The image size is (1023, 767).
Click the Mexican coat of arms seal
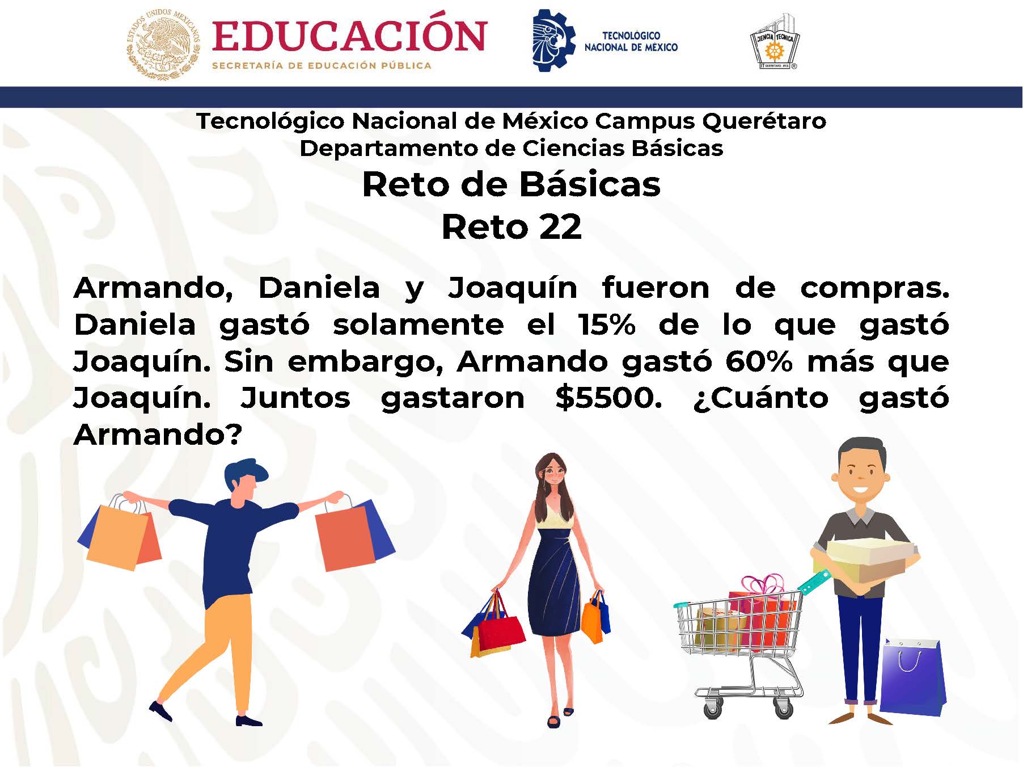tap(164, 44)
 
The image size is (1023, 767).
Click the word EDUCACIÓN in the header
tap(349, 36)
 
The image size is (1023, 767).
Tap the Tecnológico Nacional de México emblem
tap(553, 40)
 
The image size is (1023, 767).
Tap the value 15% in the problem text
tap(607, 324)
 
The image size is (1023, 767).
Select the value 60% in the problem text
tap(758, 361)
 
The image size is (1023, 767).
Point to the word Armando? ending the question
tap(158, 435)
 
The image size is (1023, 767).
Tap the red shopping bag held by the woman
tap(501, 630)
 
